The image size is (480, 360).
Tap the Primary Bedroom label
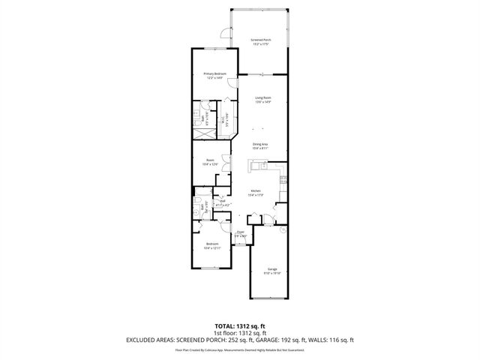(x=214, y=74)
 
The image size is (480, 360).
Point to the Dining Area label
(x=260, y=145)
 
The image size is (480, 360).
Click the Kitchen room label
(x=255, y=193)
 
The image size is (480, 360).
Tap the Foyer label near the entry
(x=240, y=234)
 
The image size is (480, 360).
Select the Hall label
(x=222, y=202)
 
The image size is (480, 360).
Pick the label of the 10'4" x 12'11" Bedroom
(x=212, y=246)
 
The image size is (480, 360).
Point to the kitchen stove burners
(x=283, y=180)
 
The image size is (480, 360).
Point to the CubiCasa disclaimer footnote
(x=240, y=349)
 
